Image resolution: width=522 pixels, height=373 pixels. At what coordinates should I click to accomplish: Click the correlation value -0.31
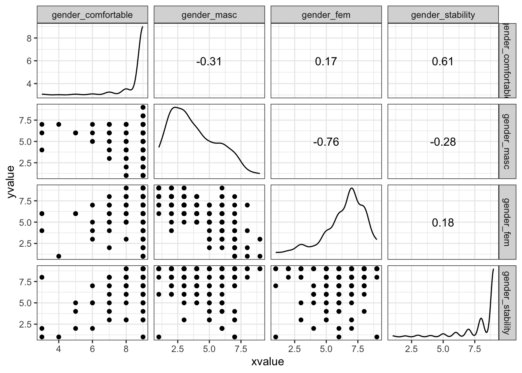tap(209, 61)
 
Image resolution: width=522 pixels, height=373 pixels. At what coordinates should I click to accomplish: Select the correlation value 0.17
tap(326, 61)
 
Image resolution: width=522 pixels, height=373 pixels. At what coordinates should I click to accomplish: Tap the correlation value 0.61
tap(443, 61)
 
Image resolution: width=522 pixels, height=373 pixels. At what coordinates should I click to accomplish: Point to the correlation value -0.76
tap(326, 142)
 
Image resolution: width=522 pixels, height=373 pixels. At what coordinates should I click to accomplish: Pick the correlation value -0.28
tap(443, 142)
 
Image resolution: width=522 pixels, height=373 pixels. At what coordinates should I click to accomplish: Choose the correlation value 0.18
tap(443, 223)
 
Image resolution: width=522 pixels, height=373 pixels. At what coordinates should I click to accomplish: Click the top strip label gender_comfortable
tap(92, 15)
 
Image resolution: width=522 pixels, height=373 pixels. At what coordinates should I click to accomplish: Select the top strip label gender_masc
tap(209, 15)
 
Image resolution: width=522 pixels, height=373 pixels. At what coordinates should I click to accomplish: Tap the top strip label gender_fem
tap(326, 15)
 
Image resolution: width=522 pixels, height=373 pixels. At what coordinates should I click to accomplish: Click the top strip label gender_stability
tap(443, 15)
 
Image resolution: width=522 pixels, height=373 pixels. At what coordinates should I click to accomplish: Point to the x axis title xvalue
tap(268, 362)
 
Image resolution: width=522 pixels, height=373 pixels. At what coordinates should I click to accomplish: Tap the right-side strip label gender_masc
tap(509, 142)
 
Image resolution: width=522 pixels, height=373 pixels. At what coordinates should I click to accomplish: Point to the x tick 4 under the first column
tap(59, 349)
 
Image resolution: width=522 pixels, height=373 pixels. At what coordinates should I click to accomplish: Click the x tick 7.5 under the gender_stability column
tap(475, 349)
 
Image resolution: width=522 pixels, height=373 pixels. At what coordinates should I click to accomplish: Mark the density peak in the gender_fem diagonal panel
tap(351, 188)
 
